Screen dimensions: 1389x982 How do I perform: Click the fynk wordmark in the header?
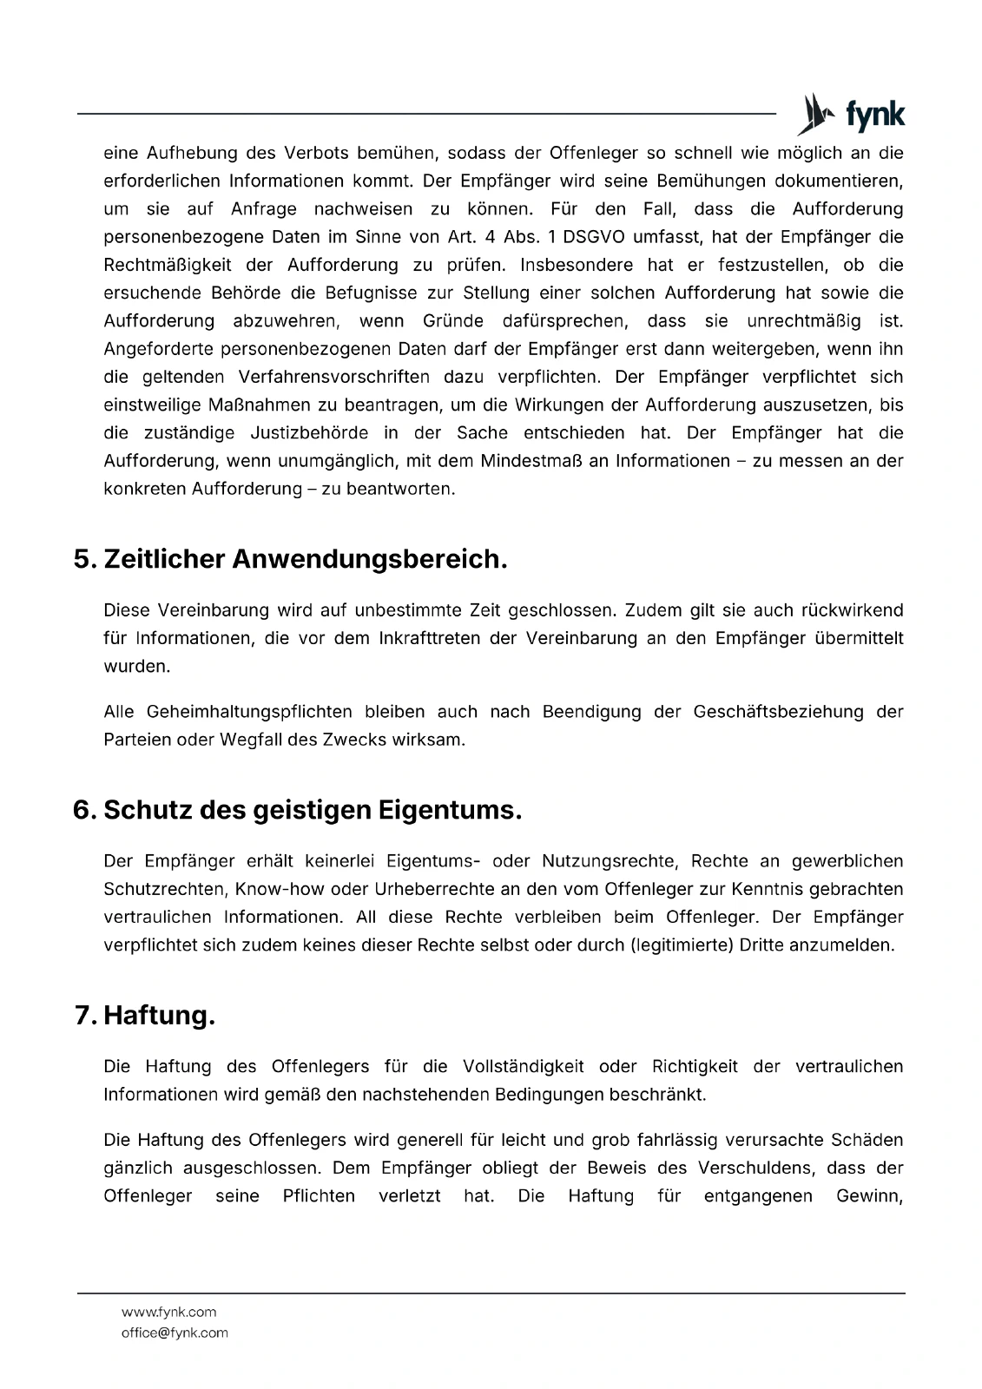point(874,115)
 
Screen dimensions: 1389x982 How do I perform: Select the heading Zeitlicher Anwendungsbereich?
point(305,559)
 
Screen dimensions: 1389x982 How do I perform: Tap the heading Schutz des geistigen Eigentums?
point(313,810)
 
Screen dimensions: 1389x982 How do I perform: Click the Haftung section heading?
point(159,1015)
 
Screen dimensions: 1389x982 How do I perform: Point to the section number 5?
point(84,559)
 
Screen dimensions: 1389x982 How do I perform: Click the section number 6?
point(84,810)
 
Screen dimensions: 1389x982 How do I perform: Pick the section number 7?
point(85,1015)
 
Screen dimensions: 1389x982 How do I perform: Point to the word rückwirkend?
point(852,609)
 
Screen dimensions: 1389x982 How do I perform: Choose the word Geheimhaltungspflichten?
point(249,712)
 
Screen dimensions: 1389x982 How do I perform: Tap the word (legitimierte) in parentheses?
point(682,945)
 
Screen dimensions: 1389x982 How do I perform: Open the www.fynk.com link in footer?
point(168,1312)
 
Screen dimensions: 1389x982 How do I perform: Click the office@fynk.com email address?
point(175,1333)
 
